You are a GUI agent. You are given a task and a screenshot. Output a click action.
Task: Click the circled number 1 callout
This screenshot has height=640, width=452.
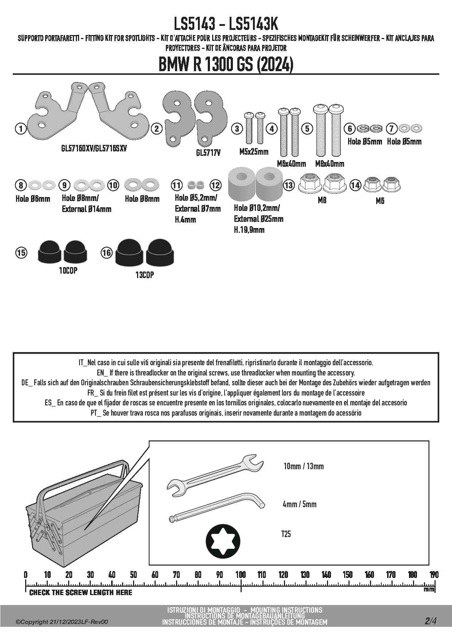21,128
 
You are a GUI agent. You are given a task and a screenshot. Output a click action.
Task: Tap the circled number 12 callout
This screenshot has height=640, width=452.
216,185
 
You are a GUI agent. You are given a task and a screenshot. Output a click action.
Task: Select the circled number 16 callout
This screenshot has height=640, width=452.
106,252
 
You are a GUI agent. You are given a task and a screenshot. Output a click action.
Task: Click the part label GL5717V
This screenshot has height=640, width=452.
208,153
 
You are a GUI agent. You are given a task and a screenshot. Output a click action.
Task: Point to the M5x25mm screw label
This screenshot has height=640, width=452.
254,152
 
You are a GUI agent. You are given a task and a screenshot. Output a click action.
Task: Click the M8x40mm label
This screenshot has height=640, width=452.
330,164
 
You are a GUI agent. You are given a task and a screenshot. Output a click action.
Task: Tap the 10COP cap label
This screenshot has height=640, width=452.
68,271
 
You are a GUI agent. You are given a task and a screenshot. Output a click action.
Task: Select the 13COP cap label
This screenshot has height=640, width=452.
145,275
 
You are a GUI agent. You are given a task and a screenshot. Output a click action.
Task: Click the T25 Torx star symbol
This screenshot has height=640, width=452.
223,541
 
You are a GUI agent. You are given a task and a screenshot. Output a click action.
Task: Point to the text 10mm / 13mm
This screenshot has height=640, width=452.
303,466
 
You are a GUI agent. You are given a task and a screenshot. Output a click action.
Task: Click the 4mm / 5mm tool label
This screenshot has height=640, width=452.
299,504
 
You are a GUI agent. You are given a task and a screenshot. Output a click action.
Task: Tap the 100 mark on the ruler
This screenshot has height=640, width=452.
241,575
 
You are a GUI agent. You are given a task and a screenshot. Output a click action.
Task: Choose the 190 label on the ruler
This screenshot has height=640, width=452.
434,575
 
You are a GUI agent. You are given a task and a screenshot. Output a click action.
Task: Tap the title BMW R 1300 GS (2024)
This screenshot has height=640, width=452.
226,65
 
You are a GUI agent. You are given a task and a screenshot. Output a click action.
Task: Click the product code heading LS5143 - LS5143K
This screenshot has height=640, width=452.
226,24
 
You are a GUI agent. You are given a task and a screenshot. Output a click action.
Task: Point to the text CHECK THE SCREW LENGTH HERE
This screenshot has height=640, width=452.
81,592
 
